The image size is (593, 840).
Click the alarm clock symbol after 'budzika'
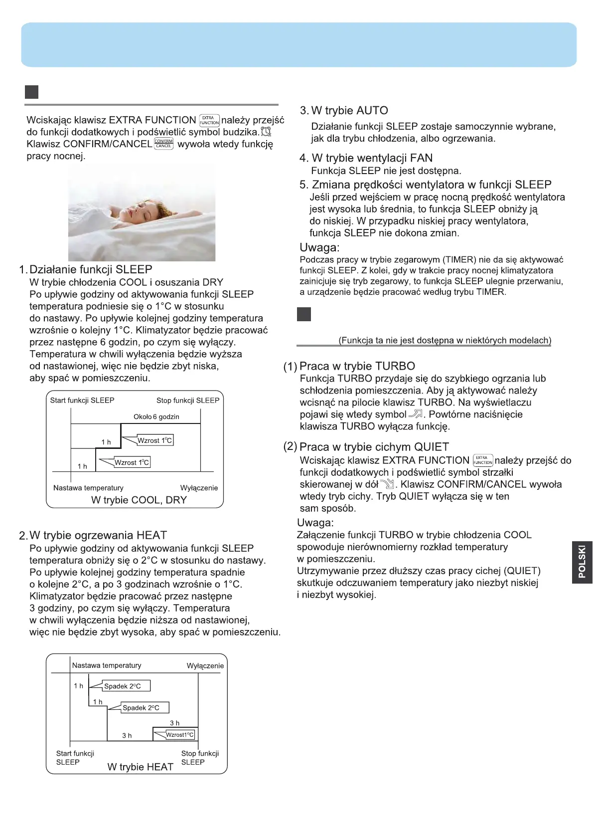[x=266, y=132]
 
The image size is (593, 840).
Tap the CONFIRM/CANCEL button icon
[x=163, y=144]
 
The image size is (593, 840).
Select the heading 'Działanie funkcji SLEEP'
[x=91, y=269]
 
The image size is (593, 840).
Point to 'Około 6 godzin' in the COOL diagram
[x=156, y=417]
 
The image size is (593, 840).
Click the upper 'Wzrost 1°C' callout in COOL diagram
[x=154, y=440]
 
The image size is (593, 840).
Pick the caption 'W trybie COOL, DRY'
[x=139, y=500]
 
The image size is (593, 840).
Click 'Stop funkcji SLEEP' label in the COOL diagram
[x=187, y=400]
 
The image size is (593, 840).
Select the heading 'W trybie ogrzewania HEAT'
[x=98, y=535]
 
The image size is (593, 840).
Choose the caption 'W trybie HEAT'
[x=141, y=767]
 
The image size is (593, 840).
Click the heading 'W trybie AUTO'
[x=349, y=110]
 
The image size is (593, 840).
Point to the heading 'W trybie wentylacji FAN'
[x=372, y=158]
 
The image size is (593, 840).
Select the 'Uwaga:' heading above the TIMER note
[x=319, y=247]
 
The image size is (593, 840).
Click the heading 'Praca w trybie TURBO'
[x=357, y=366]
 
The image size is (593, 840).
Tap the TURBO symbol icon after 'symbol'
[x=415, y=414]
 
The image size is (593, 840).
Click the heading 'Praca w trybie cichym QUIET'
[x=374, y=447]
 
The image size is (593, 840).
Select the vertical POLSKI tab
[x=582, y=562]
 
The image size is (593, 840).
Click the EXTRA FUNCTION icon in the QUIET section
[x=482, y=460]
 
